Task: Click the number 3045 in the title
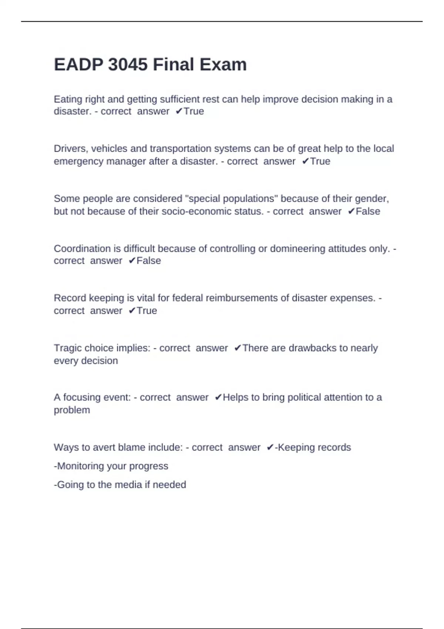coord(128,65)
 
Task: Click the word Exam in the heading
coord(223,65)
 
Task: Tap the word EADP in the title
coord(78,65)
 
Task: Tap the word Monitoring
coord(80,466)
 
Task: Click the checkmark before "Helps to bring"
coord(218,397)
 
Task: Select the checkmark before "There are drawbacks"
coord(238,348)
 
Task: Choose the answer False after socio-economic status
coord(368,211)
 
